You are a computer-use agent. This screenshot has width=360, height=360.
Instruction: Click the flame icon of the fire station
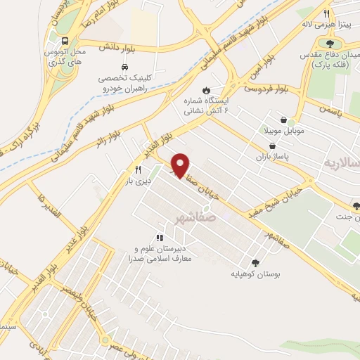pyautogui.click(x=205, y=90)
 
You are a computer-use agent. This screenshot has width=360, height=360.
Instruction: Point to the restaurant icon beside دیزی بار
pyautogui.click(x=138, y=169)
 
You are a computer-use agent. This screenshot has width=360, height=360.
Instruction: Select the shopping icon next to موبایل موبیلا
pyautogui.click(x=283, y=120)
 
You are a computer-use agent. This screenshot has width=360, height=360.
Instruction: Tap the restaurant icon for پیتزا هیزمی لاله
pyautogui.click(x=326, y=13)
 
